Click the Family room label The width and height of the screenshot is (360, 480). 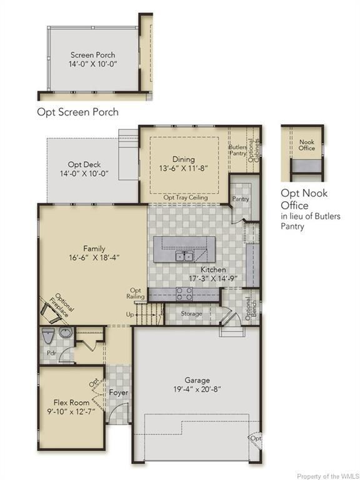point(94,249)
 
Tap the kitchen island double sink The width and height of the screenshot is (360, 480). point(184,256)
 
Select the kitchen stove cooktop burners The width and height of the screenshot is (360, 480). point(184,294)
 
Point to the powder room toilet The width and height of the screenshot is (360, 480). point(47,336)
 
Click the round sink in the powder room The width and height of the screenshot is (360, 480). point(66,332)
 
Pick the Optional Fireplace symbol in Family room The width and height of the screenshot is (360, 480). point(51,313)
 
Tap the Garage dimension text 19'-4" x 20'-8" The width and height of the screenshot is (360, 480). point(197,389)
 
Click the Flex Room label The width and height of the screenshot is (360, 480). point(72,402)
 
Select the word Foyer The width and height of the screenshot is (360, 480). point(119,392)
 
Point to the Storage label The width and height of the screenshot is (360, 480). point(191,314)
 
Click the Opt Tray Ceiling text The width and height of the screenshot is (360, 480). point(186,197)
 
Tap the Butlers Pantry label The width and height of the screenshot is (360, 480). point(238,150)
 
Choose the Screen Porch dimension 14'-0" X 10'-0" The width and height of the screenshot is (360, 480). point(93,64)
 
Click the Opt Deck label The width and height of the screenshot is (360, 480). point(84,165)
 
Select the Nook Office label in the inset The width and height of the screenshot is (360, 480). point(307,145)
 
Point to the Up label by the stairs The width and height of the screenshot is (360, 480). point(130,314)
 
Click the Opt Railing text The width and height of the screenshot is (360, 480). point(136,293)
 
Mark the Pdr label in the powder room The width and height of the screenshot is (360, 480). point(51,352)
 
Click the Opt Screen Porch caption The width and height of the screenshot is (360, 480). point(77,112)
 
